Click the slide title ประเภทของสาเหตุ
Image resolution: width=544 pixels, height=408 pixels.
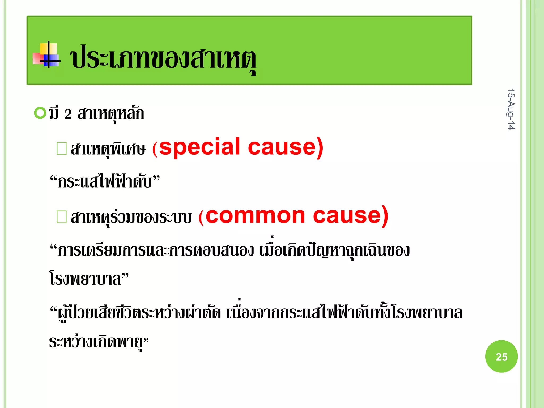pos(163,58)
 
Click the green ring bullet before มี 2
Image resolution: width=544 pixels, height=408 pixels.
pos(40,113)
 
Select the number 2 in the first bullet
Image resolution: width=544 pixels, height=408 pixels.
pos(68,114)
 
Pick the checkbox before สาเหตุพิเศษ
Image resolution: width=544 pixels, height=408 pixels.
pos(62,148)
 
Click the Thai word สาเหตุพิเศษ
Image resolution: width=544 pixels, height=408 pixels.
pos(108,149)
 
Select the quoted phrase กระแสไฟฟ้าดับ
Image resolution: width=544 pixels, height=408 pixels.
pos(105,182)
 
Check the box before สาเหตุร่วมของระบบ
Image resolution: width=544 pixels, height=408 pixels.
pos(62,216)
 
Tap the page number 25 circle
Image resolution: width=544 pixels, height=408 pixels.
pos(501,356)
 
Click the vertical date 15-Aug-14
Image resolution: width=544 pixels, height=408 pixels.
pos(511,109)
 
